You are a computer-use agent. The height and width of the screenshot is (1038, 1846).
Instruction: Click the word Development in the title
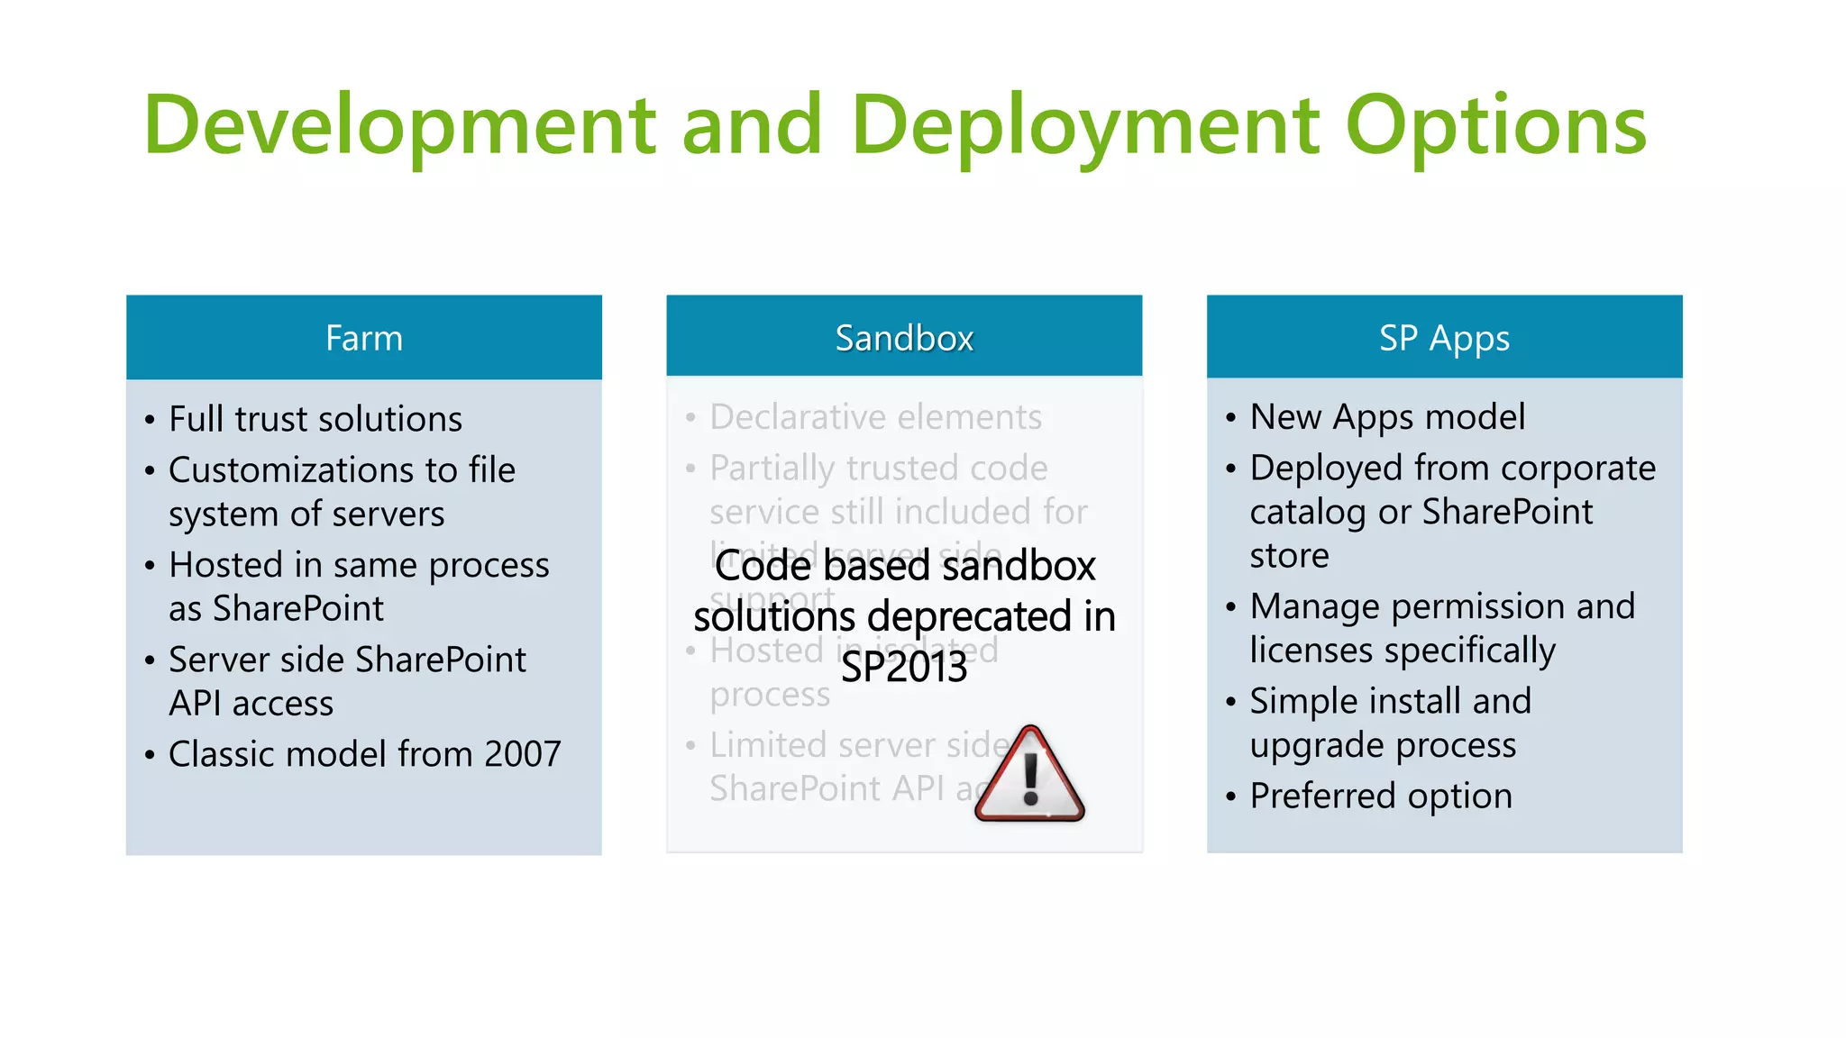pyautogui.click(x=399, y=126)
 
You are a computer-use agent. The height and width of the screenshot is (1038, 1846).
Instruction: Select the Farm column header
pyautogui.click(x=363, y=338)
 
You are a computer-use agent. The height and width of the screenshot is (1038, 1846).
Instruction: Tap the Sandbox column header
pyautogui.click(x=903, y=338)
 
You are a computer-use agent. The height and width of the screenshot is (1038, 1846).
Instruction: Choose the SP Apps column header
pyautogui.click(x=1444, y=338)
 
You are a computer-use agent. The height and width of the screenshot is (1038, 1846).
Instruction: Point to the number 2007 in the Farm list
pyautogui.click(x=522, y=754)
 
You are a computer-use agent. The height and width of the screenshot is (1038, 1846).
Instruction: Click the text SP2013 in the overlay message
pyautogui.click(x=903, y=668)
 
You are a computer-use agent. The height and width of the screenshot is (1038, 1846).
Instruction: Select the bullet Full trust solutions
pyautogui.click(x=315, y=419)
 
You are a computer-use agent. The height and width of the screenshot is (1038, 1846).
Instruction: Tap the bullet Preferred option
pyautogui.click(x=1380, y=796)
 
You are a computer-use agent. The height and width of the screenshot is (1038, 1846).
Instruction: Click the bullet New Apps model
pyautogui.click(x=1386, y=417)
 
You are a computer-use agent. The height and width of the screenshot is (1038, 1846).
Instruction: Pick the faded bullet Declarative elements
pyautogui.click(x=874, y=417)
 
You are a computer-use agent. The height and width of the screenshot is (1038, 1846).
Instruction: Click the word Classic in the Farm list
pyautogui.click(x=220, y=754)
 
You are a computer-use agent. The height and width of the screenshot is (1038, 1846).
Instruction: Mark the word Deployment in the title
pyautogui.click(x=1084, y=126)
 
